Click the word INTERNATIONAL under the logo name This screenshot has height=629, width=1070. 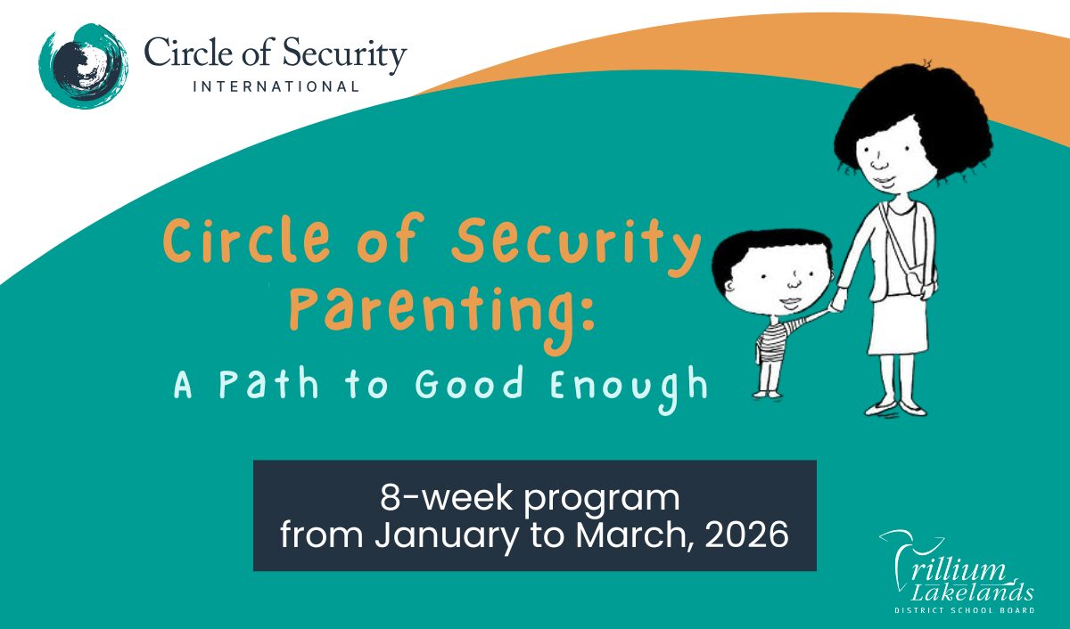click(276, 87)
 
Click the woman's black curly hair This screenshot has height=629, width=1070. click(909, 125)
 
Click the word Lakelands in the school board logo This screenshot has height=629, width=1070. click(976, 592)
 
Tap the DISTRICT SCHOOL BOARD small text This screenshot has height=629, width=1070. click(964, 610)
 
